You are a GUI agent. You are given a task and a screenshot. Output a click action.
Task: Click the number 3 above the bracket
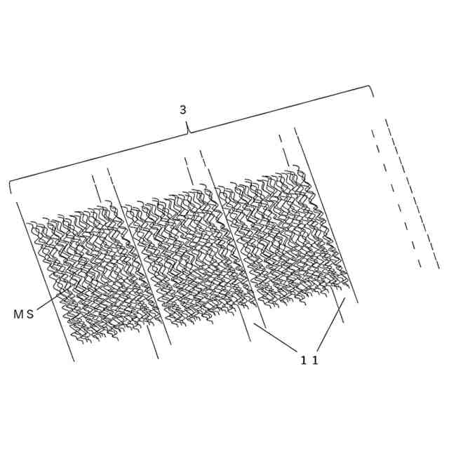click(183, 109)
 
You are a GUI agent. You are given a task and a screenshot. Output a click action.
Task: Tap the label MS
click(23, 314)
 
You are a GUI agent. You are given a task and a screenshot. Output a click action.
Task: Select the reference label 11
click(309, 361)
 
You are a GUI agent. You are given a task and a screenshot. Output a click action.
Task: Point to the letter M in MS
click(18, 314)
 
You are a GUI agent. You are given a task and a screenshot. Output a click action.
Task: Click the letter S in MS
click(29, 314)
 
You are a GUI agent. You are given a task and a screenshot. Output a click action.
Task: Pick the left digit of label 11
click(304, 361)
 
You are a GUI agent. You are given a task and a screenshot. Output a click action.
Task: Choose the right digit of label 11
click(316, 361)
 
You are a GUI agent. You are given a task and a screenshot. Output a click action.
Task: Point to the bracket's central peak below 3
click(188, 130)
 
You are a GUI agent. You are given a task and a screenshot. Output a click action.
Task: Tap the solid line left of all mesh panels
click(46, 281)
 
